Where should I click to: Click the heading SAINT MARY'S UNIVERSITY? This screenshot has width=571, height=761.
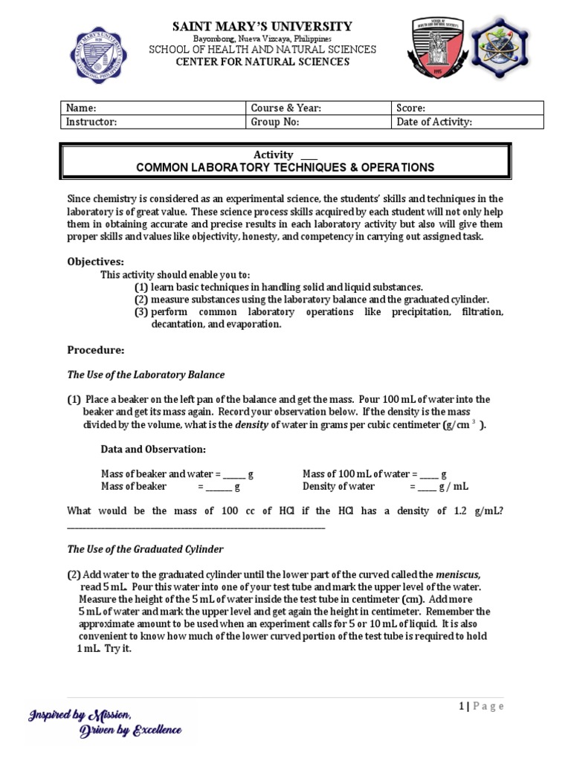[x=262, y=27]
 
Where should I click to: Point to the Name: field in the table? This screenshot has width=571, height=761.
[x=154, y=109]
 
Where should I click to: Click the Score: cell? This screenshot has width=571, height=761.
[x=468, y=109]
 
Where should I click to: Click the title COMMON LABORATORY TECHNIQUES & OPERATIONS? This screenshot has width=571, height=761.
[x=285, y=168]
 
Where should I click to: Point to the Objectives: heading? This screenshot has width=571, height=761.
[x=96, y=262]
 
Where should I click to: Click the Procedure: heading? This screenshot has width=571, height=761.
[x=96, y=350]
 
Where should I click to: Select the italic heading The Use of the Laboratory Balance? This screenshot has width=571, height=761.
[x=146, y=375]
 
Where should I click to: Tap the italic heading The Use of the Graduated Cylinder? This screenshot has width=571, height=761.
[x=145, y=549]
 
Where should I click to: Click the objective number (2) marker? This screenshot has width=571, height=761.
[x=141, y=299]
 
